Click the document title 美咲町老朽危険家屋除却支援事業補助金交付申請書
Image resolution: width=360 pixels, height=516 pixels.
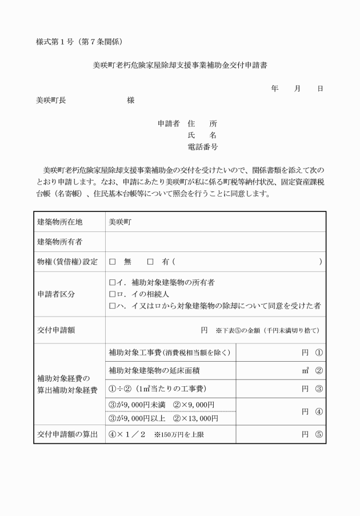(x=180, y=65)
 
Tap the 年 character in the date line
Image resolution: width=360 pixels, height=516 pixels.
(x=275, y=89)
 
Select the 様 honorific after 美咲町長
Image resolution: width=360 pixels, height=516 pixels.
(x=131, y=100)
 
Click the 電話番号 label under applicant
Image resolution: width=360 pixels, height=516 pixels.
(x=202, y=147)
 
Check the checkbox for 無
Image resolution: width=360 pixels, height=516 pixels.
(x=113, y=262)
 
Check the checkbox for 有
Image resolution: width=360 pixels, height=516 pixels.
(x=151, y=262)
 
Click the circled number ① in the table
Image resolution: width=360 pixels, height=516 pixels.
(x=318, y=353)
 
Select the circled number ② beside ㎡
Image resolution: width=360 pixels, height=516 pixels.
(x=318, y=371)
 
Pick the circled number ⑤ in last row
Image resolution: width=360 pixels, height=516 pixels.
(x=318, y=434)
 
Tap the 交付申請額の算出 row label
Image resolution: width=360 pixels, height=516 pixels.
(x=69, y=434)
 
